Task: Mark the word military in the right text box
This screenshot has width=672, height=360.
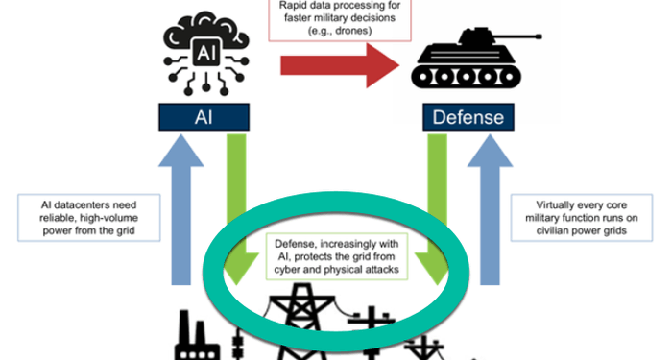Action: click(x=545, y=218)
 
